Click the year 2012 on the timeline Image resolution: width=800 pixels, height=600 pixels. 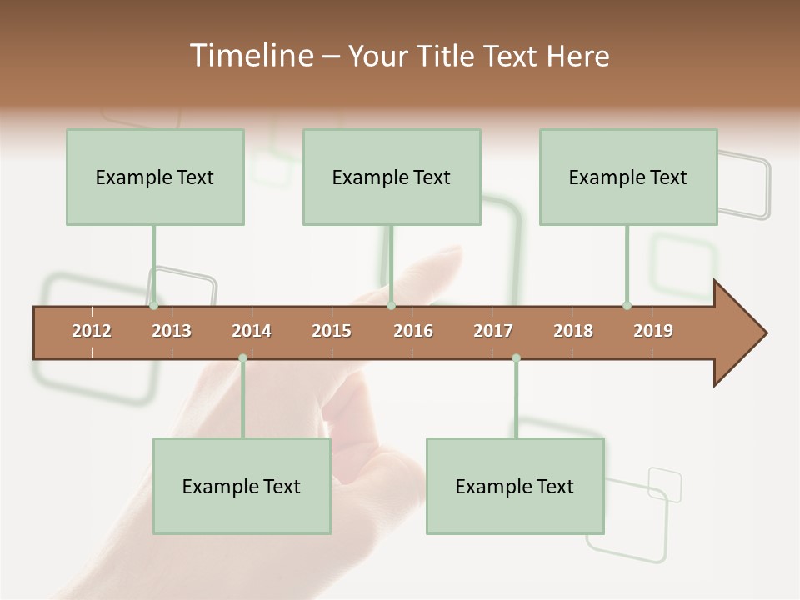point(92,331)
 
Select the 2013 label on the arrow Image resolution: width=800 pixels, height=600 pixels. point(172,331)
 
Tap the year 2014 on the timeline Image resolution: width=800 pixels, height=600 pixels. point(252,331)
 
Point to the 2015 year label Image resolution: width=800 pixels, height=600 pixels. point(332,331)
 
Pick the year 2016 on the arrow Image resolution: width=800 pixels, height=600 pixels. point(413,331)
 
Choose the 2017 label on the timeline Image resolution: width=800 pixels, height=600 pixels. point(493,331)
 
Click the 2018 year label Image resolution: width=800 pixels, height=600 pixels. point(573,331)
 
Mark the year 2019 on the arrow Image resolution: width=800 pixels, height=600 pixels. point(653,331)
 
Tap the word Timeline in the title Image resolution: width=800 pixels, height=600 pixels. point(249,56)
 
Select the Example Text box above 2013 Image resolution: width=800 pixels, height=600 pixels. point(155,177)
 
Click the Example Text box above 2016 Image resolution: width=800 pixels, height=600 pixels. point(392,177)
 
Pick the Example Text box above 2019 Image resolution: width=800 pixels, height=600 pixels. point(628,177)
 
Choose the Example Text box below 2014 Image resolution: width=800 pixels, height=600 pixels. point(242,486)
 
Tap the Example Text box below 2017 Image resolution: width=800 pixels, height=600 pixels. point(515,486)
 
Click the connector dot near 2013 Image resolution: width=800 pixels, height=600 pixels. point(153,306)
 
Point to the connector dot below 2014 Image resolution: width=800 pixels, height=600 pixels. point(242,358)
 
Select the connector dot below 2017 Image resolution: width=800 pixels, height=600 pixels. point(516,358)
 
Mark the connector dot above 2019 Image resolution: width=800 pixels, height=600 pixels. point(627,306)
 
